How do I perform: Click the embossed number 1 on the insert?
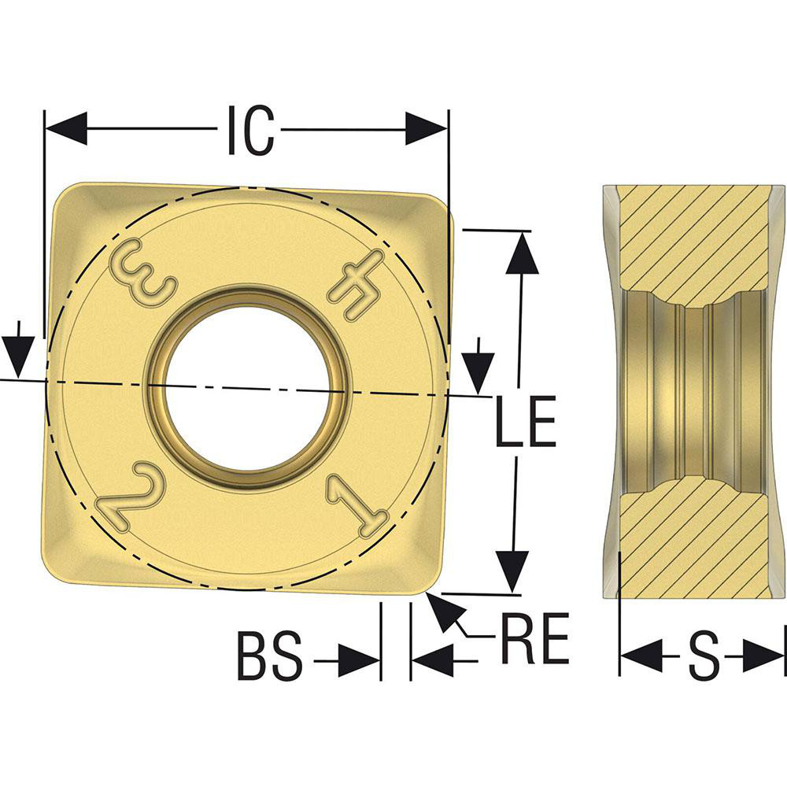click(x=357, y=508)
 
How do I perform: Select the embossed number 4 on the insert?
click(x=357, y=284)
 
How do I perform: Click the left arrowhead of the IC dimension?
click(x=66, y=128)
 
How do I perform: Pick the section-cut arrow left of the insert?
click(x=17, y=355)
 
